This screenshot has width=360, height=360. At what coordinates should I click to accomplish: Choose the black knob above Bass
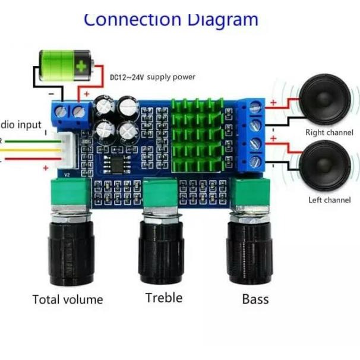pos(250,252)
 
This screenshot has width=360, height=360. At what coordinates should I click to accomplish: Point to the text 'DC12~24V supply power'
pos(152,77)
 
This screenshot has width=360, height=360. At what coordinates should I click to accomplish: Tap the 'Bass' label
pos(255,299)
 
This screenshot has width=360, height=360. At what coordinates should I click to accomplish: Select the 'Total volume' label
pos(68,299)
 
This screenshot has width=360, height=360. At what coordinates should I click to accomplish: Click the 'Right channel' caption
pos(329,132)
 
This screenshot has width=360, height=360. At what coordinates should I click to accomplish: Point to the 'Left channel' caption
pos(330,200)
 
